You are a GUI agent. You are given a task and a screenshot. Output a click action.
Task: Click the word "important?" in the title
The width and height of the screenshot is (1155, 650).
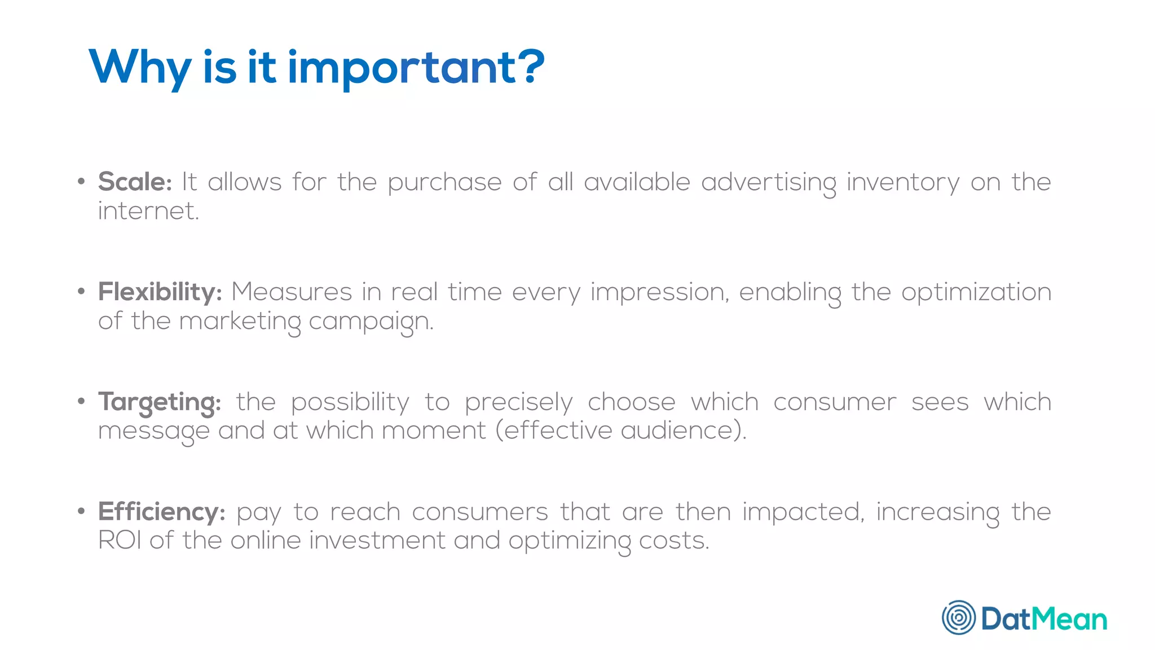(416, 68)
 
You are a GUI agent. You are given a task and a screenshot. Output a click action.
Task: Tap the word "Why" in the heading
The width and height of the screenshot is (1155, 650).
(140, 68)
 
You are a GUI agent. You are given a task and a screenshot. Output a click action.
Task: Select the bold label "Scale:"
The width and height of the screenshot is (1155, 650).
(135, 182)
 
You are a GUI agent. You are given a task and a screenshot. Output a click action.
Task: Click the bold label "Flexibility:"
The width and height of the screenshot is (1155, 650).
(160, 292)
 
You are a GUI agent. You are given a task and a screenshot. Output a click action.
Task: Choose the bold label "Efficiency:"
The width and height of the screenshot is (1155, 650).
(162, 512)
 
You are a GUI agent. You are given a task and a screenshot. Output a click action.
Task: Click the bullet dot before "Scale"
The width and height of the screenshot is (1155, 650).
(81, 182)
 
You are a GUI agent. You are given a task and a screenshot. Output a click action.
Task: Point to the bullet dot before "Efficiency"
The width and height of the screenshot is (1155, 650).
(81, 512)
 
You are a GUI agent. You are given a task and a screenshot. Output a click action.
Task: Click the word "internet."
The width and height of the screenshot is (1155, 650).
(149, 211)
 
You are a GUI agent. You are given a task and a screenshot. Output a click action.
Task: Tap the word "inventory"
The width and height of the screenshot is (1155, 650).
(903, 182)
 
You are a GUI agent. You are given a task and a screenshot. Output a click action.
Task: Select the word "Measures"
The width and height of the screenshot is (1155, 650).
(292, 292)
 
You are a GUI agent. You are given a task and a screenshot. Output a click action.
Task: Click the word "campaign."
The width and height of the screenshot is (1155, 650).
(371, 322)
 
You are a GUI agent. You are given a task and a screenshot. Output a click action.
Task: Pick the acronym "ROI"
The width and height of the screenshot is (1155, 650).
(120, 541)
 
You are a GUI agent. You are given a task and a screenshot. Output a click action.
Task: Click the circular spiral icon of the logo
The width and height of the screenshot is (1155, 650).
(959, 617)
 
